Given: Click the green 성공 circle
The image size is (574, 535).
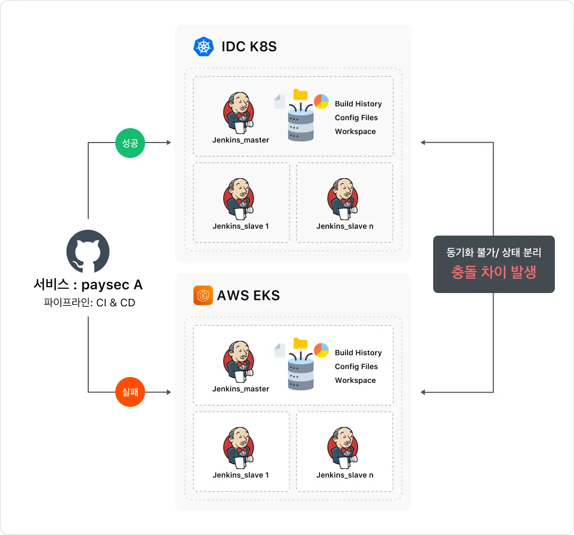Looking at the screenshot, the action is pos(130,143).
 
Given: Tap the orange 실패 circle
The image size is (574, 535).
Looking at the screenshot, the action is pos(130,392).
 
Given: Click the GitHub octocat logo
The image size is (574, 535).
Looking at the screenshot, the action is pos(88,251).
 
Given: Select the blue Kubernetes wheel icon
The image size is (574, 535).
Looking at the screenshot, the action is pos(204,46).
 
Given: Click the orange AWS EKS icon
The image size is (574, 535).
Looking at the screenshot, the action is pos(203,295).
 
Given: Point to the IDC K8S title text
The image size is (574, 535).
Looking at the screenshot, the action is pos(249,46).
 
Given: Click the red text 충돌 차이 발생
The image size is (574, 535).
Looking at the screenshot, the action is pos(494,272).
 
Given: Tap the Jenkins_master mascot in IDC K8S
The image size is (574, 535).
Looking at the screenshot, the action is pos(239,113).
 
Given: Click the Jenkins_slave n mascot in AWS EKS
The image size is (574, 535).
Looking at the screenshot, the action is pos(343,448).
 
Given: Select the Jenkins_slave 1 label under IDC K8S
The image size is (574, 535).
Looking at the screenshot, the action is pos(241,227).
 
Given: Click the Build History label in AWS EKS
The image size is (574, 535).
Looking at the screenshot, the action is pos(358,353).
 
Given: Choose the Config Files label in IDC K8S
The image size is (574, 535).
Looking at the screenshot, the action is pos(356,118).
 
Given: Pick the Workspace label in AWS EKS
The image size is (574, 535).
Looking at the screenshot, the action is pos(356,380).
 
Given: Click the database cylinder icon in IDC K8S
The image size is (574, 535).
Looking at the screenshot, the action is pos(300,125).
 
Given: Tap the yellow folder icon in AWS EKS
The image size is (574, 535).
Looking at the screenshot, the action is pos(300,344).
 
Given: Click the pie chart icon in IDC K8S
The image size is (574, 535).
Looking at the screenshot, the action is pos(321,102).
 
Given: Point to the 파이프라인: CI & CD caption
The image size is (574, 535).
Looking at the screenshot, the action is pos(89,303).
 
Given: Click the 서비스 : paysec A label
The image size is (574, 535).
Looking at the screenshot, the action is pos(88,285).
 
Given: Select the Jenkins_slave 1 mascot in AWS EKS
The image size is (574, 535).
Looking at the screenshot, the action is pos(239,448).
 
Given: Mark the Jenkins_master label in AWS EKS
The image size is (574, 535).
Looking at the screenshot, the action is pos(241,389).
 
